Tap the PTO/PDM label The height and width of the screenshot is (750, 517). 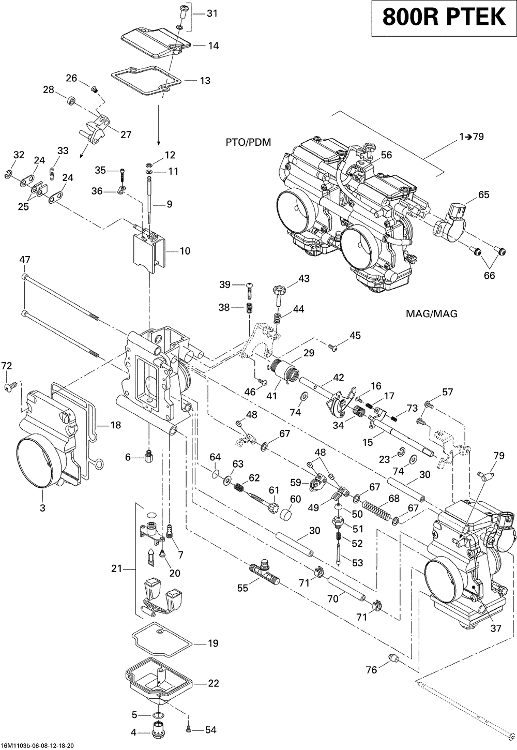(x=248, y=142)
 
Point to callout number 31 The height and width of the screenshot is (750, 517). (x=212, y=13)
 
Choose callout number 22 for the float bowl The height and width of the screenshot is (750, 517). (x=213, y=683)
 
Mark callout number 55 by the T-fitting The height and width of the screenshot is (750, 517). (x=241, y=588)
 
